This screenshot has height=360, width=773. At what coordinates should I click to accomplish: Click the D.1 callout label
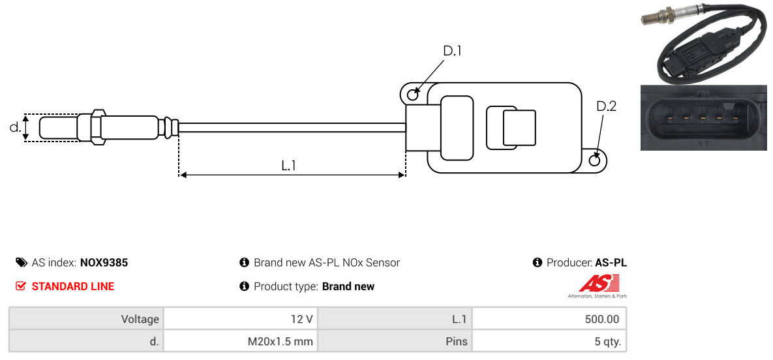(x=452, y=51)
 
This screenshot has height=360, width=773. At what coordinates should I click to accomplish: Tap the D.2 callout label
(x=606, y=106)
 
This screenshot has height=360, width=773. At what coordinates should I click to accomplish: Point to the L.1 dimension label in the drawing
(x=288, y=166)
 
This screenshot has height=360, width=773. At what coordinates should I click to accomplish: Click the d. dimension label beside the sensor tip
(x=15, y=127)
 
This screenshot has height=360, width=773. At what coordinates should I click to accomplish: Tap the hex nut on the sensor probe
(x=98, y=127)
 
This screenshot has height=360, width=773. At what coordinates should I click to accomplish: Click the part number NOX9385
(x=104, y=263)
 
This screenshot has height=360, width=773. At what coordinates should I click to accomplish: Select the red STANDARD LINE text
(x=73, y=286)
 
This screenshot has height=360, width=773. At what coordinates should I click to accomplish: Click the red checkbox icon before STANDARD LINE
(x=20, y=286)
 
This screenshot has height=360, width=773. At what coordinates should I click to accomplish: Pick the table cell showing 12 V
(x=241, y=319)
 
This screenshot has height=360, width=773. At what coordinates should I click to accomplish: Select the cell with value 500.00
(x=549, y=319)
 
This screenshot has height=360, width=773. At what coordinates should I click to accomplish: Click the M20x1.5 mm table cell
(x=241, y=341)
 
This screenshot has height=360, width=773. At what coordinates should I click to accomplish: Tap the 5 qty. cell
(x=549, y=341)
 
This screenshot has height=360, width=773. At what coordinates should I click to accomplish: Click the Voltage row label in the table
(x=86, y=319)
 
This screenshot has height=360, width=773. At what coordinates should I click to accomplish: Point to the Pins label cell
(x=395, y=341)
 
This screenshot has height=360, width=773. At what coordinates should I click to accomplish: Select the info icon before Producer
(x=538, y=262)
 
